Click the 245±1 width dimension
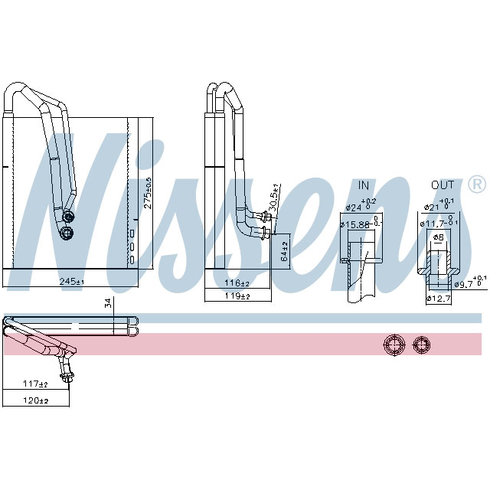point(71,283)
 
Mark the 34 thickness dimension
point(109,304)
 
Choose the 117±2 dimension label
point(35,384)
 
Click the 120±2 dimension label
point(35,400)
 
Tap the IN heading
point(364,185)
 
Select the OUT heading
point(442,185)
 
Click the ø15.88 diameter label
point(358,224)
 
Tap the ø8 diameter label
point(439,237)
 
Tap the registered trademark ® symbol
point(475,185)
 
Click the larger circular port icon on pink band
point(393,345)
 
